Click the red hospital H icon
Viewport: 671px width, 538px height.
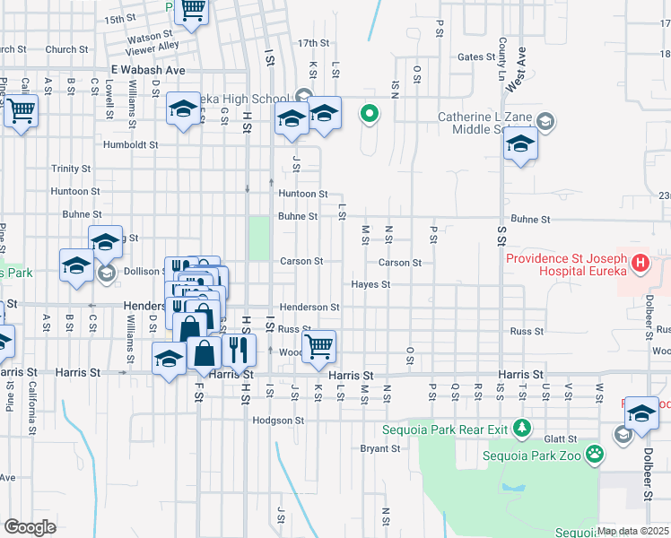640,264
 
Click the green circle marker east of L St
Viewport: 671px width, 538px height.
369,114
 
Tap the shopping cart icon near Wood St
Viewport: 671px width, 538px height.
319,345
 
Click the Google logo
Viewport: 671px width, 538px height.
30,527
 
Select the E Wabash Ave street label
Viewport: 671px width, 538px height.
147,69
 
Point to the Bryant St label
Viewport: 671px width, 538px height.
379,448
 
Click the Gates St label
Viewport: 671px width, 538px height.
476,56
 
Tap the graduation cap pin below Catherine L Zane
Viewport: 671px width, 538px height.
520,143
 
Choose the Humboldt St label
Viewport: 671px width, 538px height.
130,143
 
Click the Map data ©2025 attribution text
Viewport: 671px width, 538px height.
632,531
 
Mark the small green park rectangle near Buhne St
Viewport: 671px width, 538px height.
258,238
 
